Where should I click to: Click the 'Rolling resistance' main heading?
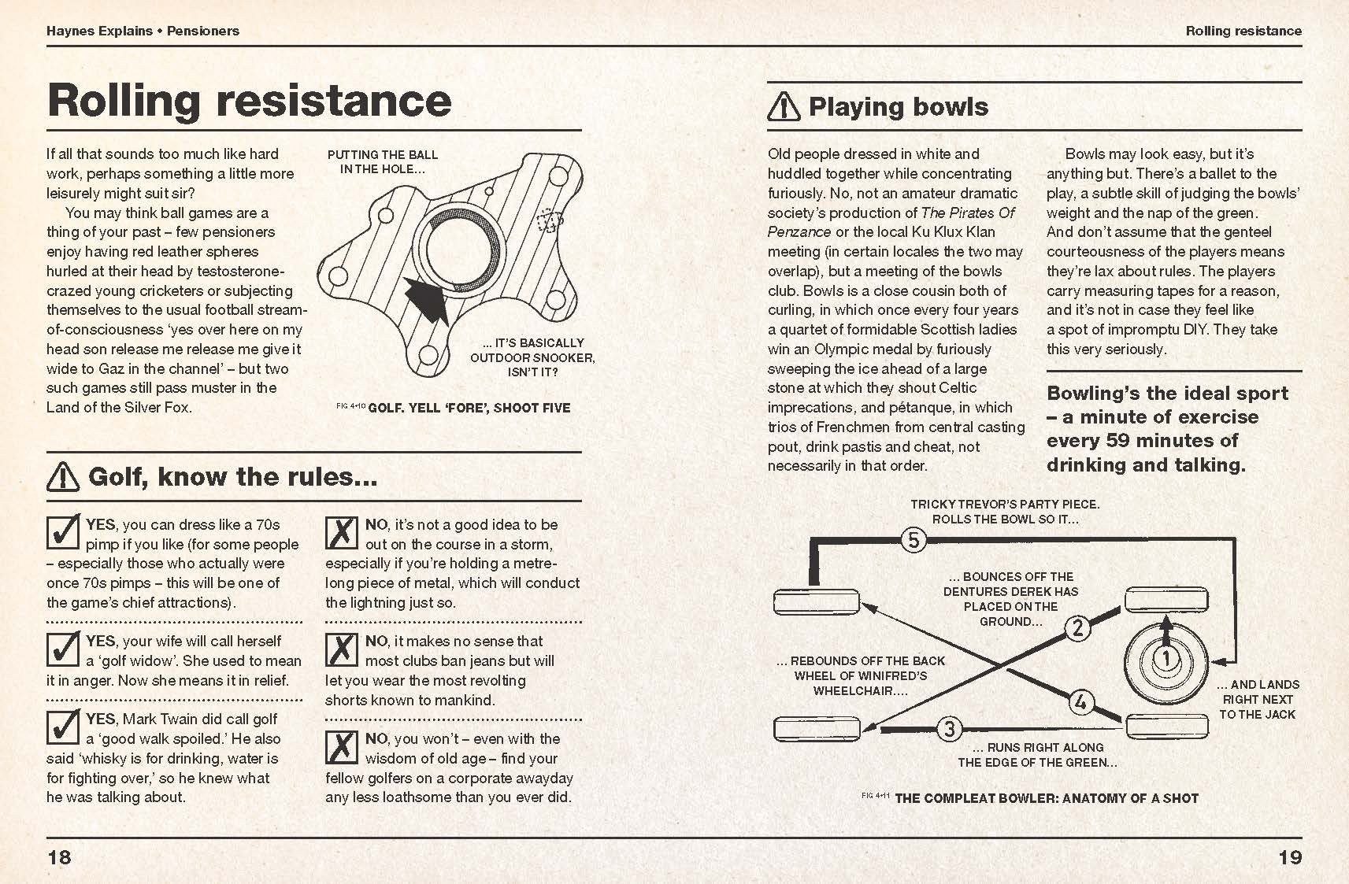[249, 101]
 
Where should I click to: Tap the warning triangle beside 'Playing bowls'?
[784, 106]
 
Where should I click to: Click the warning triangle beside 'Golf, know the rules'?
[63, 476]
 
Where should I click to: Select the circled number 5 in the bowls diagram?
[913, 540]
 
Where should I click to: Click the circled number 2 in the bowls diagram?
[1078, 627]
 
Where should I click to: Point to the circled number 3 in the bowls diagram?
[950, 729]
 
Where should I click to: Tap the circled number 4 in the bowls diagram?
[1080, 701]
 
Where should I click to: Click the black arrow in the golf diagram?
[426, 299]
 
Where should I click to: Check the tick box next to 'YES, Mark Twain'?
[63, 727]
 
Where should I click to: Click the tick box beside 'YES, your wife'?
[63, 649]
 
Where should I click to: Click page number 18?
[60, 857]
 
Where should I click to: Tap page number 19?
[1290, 857]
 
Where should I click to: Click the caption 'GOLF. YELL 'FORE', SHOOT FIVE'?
[469, 408]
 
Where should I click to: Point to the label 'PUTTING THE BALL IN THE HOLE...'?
[383, 161]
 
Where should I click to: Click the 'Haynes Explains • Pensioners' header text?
[143, 31]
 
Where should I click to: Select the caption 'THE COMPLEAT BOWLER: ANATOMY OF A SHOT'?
[1046, 797]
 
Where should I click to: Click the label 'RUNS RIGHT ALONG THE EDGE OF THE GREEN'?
[1037, 755]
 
